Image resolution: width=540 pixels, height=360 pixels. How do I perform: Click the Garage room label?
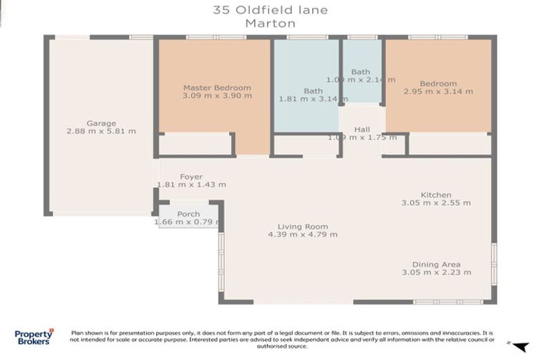coord(101,123)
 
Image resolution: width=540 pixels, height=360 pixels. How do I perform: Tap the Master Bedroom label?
coord(217,88)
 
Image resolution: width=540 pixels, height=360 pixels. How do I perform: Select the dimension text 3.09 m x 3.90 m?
coord(217,96)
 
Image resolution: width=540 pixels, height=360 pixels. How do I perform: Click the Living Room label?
coord(302,226)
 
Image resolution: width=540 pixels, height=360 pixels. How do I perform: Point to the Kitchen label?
coord(436,195)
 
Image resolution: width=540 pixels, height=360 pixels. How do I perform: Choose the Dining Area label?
coord(436,264)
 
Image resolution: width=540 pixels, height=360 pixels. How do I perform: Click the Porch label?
coord(188,214)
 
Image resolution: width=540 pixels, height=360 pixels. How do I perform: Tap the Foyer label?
coord(191,176)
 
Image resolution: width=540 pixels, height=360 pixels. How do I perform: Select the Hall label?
coord(361,129)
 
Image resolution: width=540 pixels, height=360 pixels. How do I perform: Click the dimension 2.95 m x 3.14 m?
coord(438,91)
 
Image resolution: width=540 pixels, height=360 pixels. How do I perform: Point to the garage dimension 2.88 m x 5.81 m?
coord(101,131)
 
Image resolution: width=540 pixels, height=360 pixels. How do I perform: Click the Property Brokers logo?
coord(34,337)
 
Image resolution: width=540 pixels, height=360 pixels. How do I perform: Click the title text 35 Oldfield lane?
coord(270,10)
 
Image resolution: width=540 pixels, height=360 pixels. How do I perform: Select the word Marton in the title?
coord(270,22)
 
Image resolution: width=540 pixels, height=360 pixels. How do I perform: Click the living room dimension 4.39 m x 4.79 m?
coord(302,234)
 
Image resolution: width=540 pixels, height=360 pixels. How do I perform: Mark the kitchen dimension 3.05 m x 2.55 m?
coord(436,202)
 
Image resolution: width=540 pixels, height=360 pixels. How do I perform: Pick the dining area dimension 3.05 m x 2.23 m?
coord(436,272)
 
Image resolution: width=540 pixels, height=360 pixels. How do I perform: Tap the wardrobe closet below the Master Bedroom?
coord(195,144)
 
